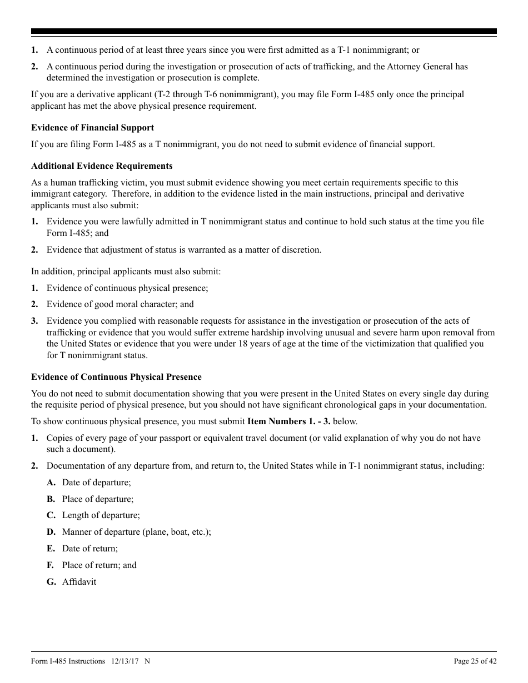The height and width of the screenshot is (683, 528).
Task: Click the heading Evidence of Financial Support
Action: coord(92,128)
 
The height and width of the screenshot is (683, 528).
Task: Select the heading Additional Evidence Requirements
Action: coord(102,166)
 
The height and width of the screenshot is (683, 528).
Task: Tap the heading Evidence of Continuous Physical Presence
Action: coord(116,377)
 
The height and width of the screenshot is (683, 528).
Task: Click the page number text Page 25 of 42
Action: coord(475,661)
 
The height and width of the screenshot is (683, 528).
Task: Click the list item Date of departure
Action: coord(96,483)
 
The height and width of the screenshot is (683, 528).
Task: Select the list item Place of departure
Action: coord(97,499)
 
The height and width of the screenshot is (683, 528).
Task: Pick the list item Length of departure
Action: coord(101,515)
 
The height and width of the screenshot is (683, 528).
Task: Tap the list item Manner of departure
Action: coord(136,532)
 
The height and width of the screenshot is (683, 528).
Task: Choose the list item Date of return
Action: coord(89,549)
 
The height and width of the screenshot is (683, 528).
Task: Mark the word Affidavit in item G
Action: coord(79,582)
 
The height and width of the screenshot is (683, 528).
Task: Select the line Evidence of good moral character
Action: coord(120,304)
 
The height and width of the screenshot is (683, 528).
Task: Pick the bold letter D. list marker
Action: coord(51,532)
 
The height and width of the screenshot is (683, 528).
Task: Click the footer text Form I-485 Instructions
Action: coord(68,661)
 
